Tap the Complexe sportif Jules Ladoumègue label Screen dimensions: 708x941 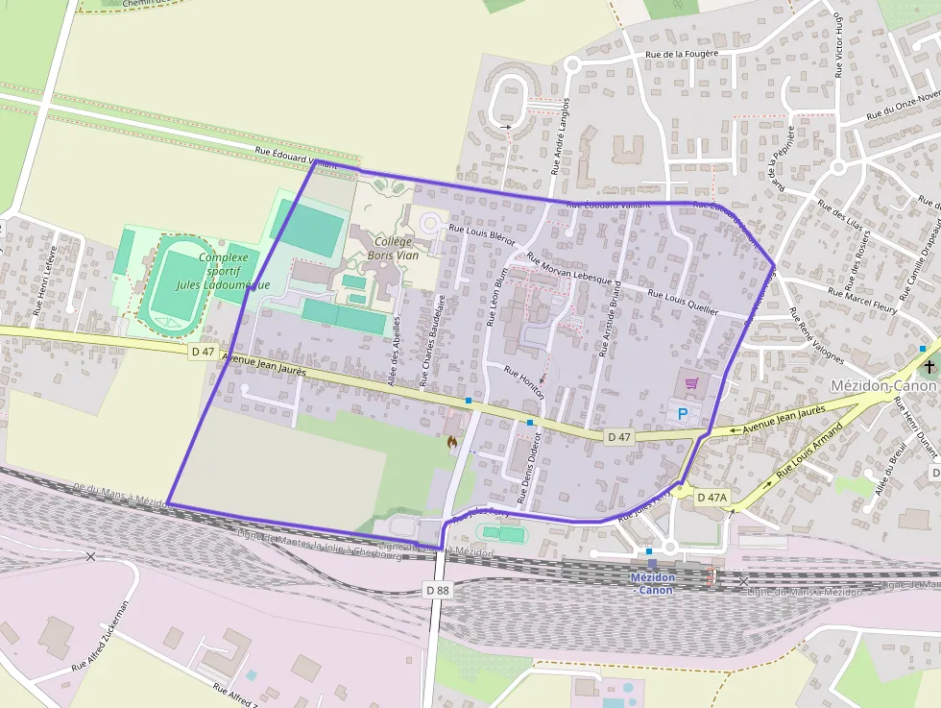[213, 270]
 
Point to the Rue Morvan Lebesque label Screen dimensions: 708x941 [573, 270]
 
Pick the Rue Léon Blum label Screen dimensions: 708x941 [500, 297]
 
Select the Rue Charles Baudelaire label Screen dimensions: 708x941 [428, 341]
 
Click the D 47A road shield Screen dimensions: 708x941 [712, 497]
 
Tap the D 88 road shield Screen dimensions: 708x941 [437, 589]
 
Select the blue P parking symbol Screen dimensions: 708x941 [683, 414]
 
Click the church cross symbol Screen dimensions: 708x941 [929, 367]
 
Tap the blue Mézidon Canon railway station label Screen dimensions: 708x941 [652, 583]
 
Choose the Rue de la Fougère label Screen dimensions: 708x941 [682, 55]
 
